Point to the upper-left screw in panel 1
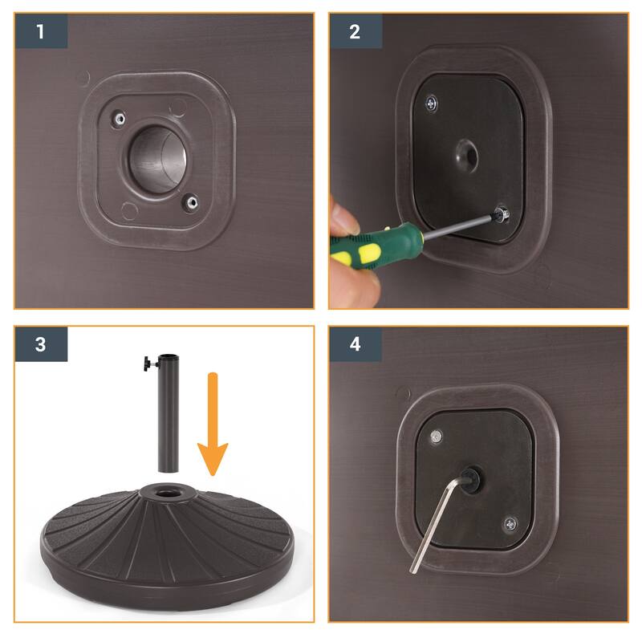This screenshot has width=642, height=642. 119,119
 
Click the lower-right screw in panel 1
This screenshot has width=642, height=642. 190,201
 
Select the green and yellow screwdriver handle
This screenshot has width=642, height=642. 366,246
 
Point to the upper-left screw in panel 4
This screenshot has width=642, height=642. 436,436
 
